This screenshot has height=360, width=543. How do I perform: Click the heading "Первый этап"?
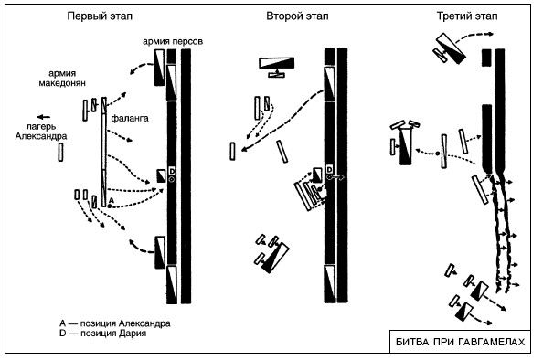click(100, 16)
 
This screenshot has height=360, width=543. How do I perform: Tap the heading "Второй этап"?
click(297, 16)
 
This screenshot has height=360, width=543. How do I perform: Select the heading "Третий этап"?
click(467, 16)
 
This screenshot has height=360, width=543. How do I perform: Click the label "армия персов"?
click(173, 41)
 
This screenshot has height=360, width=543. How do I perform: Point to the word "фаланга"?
click(130, 118)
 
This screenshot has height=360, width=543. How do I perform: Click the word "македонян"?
click(62, 83)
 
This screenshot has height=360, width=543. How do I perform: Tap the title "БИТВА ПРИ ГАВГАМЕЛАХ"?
click(460, 342)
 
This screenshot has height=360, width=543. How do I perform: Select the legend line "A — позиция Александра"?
click(115, 323)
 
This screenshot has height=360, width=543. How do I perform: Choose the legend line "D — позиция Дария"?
click(103, 334)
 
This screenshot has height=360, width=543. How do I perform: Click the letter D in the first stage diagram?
click(172, 171)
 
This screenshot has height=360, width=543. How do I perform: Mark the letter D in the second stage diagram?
click(329, 170)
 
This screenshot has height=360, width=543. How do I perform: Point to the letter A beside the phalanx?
click(112, 200)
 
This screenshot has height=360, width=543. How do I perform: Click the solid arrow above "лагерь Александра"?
click(43, 117)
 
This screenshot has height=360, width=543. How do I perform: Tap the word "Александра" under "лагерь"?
click(41, 136)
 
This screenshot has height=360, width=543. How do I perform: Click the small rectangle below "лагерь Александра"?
click(60, 153)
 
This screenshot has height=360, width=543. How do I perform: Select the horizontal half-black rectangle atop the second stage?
click(277, 63)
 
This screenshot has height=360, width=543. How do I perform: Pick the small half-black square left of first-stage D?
click(161, 175)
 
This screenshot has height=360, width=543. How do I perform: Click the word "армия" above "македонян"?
click(62, 73)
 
